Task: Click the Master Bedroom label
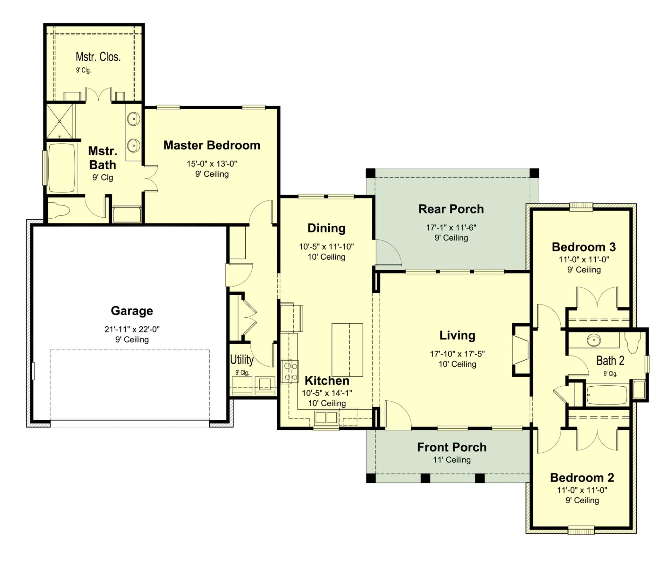click(x=212, y=145)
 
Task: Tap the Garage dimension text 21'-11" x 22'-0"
click(x=132, y=329)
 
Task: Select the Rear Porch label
click(x=451, y=209)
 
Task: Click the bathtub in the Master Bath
click(x=62, y=168)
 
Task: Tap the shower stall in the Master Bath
click(x=60, y=121)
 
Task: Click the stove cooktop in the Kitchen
click(x=290, y=372)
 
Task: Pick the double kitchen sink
click(x=326, y=417)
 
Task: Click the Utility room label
click(x=241, y=359)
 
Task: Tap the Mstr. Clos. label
click(x=98, y=57)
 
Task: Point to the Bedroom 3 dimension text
click(x=584, y=260)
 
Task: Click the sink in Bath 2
click(x=594, y=340)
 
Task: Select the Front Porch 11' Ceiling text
click(x=452, y=460)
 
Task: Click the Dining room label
click(x=327, y=228)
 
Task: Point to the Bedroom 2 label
click(x=582, y=478)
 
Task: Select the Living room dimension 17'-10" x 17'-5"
click(x=457, y=354)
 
